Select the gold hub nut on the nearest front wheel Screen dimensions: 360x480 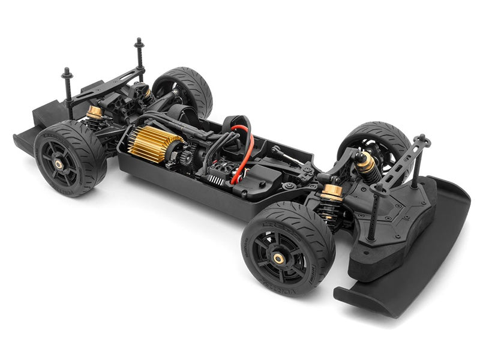[279, 258]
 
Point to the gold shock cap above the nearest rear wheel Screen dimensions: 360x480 [95, 112]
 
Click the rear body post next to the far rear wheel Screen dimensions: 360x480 [139, 57]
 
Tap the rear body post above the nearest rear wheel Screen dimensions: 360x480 [67, 90]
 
